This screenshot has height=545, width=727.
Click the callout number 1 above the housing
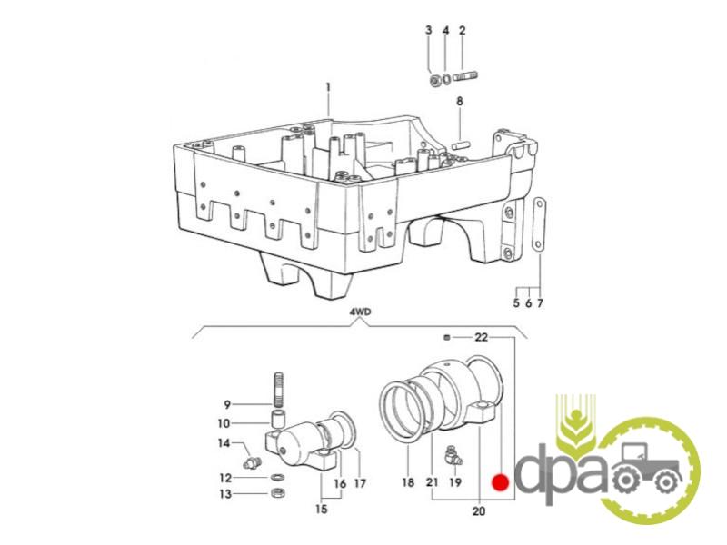pos(328,86)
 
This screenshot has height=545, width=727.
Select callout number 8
pos(460,101)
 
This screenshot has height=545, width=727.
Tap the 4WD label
pos(360,312)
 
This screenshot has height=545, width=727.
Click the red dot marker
pos(501,483)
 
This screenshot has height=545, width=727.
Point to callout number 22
pos(482,337)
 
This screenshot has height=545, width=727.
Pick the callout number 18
pos(408,482)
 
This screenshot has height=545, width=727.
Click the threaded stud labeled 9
pos(279,389)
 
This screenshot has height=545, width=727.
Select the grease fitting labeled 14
pos(253,461)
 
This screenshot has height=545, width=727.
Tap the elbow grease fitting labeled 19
pos(453,456)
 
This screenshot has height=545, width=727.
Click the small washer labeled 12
pos(278,478)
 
